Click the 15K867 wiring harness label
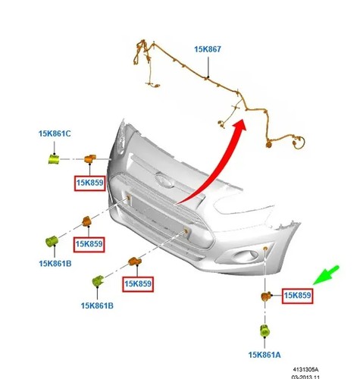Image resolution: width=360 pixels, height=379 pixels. tap(208, 49)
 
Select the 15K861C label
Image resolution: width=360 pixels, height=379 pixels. tap(55, 133)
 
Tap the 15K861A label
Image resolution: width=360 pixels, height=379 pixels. tap(265, 355)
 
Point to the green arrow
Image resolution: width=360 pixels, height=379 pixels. tap(326, 275)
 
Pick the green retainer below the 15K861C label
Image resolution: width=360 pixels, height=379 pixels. tap(54, 159)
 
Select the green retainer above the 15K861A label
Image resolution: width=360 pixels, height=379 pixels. tap(265, 330)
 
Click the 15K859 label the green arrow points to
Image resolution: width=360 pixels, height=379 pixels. tap(297, 296)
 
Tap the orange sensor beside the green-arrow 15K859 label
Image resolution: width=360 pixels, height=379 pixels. tap(265, 296)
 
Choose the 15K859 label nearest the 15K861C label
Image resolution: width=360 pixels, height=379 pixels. tap(90, 183)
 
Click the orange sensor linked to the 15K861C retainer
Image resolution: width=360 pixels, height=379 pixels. tap(90, 159)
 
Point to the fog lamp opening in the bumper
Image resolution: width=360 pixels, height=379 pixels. tap(246, 255)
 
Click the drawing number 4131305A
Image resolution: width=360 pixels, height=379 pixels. tap(305, 370)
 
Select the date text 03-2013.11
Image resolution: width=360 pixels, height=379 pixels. tap(305, 377)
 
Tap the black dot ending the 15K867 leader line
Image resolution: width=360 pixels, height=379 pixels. tap(208, 77)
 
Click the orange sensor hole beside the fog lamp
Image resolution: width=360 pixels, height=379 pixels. tap(265, 249)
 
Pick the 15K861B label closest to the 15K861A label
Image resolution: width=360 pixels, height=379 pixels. tap(97, 305)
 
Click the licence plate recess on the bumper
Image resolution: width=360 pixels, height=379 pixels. tap(158, 213)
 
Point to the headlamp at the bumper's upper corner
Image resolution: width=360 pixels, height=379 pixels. tap(121, 138)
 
